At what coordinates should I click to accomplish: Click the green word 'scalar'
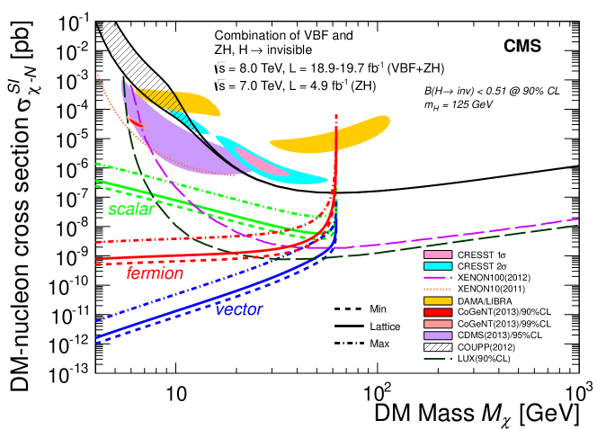(131, 210)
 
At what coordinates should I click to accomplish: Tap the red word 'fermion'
(156, 273)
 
